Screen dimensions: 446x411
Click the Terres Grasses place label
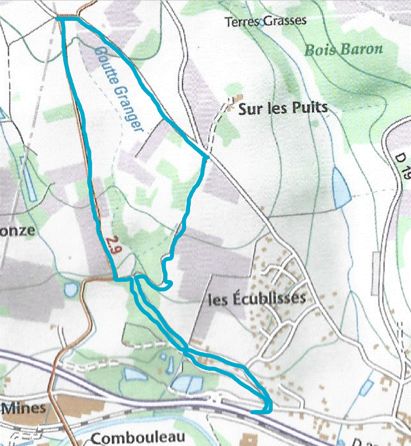point(265,22)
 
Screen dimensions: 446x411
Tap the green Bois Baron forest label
point(344,49)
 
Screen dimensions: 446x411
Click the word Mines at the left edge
point(24,407)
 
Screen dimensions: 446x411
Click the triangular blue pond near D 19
point(341,188)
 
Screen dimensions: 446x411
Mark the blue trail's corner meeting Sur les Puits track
point(206,158)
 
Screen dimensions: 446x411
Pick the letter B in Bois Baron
point(310,50)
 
